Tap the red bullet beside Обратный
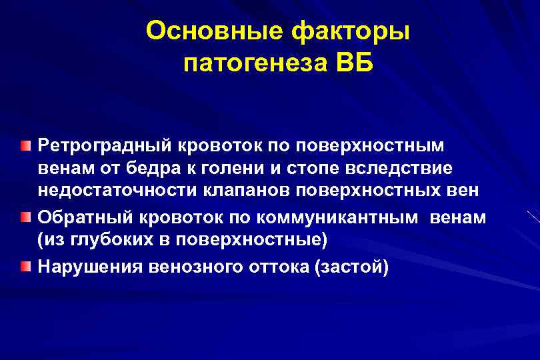[25, 217]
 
